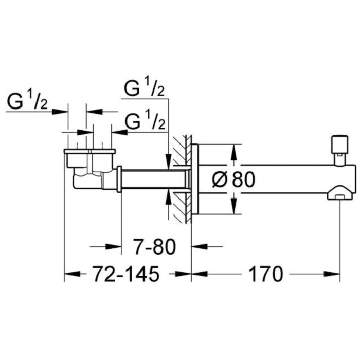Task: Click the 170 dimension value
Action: (267, 275)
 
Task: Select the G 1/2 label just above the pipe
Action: (146, 121)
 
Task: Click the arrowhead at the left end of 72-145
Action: (69, 275)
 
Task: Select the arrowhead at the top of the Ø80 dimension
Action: (233, 152)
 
